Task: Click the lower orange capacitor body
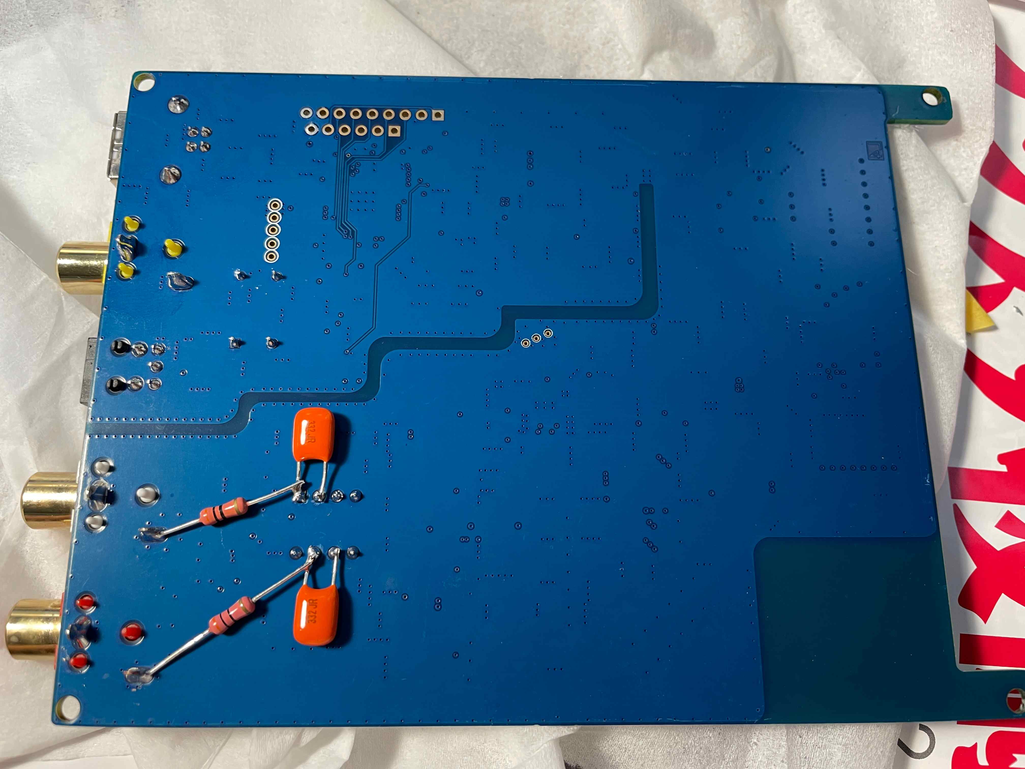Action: (x=316, y=613)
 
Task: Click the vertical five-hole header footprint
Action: (x=274, y=230)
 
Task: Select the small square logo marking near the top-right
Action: (x=875, y=150)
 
